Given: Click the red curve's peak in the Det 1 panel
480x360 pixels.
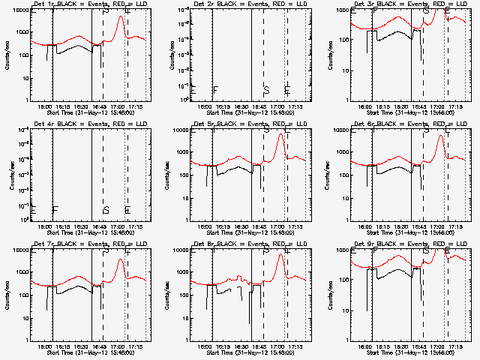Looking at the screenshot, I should (x=121, y=16).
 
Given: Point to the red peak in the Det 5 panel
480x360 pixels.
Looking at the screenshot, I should (x=281, y=134).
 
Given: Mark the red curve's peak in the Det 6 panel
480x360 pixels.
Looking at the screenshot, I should (x=442, y=135).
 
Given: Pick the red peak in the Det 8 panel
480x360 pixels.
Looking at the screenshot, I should (x=281, y=254).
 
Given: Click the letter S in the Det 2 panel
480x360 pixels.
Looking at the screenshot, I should (x=266, y=90).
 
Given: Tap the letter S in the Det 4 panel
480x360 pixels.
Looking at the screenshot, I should (x=106, y=210).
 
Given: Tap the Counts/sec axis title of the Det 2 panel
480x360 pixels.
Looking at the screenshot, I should (x=166, y=55).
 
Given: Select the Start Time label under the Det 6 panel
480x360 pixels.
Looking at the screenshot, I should (x=410, y=232).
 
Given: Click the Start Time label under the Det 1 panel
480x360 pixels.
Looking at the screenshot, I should (x=90, y=112).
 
